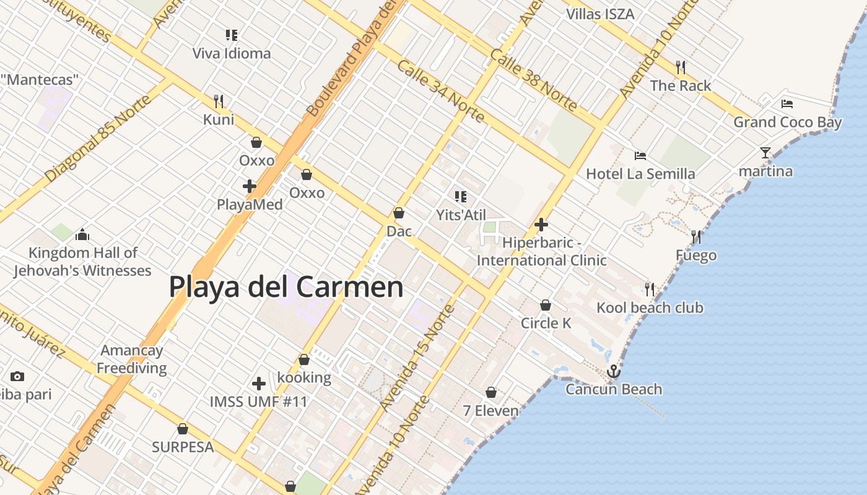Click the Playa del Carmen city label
pyautogui.click(x=286, y=287)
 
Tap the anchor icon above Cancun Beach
pyautogui.click(x=613, y=371)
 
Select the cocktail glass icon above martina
pyautogui.click(x=765, y=152)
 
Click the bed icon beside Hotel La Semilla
pyautogui.click(x=640, y=156)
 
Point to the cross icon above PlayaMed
pyautogui.click(x=250, y=186)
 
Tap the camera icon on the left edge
pyautogui.click(x=17, y=376)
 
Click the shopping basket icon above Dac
pyautogui.click(x=399, y=213)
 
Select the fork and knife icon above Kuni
pyautogui.click(x=218, y=101)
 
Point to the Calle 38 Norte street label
pyautogui.click(x=533, y=79)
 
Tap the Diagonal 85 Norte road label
pyautogui.click(x=98, y=139)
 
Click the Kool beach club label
pyautogui.click(x=650, y=308)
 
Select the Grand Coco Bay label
pyautogui.click(x=788, y=122)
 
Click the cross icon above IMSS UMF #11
pyautogui.click(x=259, y=384)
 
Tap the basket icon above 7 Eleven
pyautogui.click(x=491, y=392)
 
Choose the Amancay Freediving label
pyautogui.click(x=132, y=359)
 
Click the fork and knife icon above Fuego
pyautogui.click(x=696, y=237)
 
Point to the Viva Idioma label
pyautogui.click(x=232, y=53)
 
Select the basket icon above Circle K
pyautogui.click(x=546, y=305)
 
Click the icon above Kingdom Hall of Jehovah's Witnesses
pyautogui.click(x=82, y=235)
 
